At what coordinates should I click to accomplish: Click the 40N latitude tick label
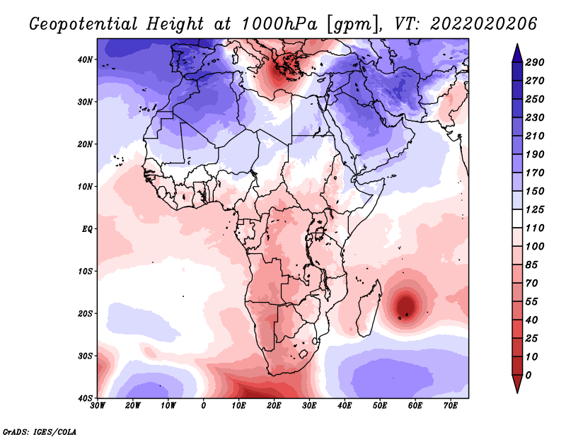coord(85,59)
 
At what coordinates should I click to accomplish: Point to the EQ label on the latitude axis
coord(87,229)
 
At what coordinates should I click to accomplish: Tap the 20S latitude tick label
coord(85,313)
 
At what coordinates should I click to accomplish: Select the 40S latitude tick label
coord(85,398)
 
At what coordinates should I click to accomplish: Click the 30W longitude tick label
coord(98,406)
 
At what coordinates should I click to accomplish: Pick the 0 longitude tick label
coord(204,406)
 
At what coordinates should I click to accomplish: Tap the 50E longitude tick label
coord(380,406)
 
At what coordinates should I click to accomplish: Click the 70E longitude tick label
coord(451,406)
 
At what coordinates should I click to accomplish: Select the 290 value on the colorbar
coord(535,62)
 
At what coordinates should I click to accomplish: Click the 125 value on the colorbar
coord(535,209)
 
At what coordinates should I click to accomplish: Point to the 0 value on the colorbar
coord(529,375)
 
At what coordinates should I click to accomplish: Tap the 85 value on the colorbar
coord(532,265)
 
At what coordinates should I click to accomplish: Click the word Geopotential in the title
coord(83,24)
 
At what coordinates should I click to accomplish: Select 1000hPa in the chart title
coord(279,24)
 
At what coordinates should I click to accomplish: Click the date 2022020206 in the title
coord(484,24)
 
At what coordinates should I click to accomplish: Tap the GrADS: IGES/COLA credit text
coord(40,431)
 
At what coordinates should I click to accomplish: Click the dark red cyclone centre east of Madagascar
coord(406,305)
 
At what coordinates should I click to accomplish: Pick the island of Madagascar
coord(369,308)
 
